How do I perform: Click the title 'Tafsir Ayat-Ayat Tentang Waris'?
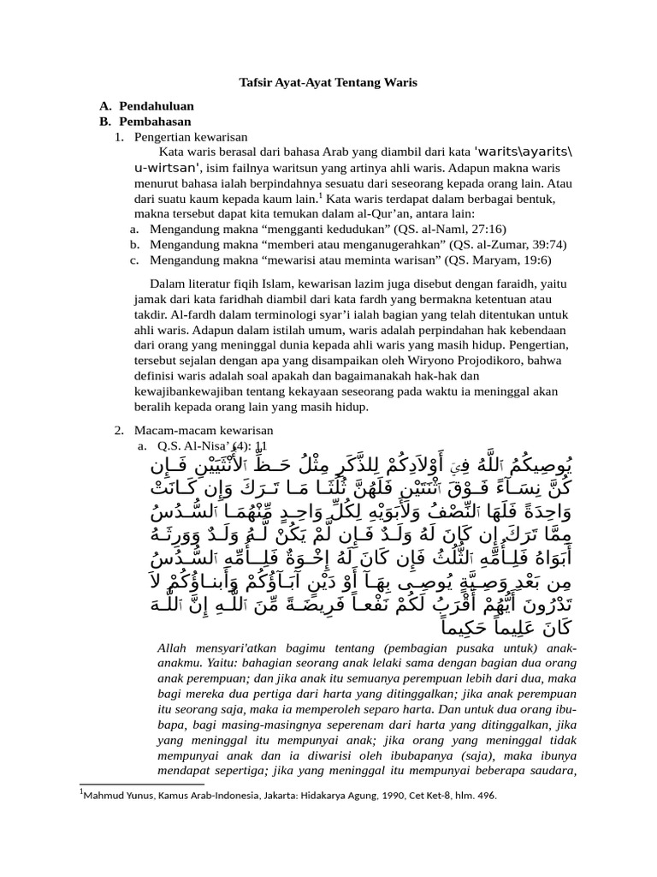[328, 83]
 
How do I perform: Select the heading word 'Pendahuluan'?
[156, 106]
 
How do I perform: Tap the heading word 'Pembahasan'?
[155, 122]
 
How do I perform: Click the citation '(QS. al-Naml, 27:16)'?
[451, 229]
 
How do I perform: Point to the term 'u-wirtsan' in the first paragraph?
[167, 168]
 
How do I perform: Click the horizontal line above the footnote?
[141, 783]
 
